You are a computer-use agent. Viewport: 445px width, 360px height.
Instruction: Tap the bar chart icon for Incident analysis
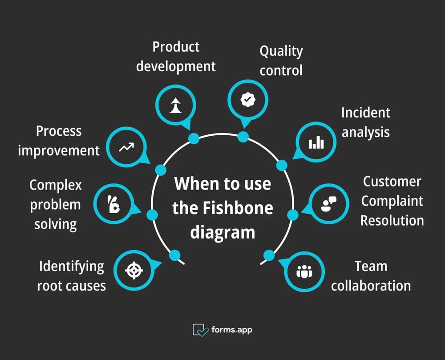pyautogui.click(x=316, y=143)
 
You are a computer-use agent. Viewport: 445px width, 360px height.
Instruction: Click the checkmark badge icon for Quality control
pyautogui.click(x=247, y=100)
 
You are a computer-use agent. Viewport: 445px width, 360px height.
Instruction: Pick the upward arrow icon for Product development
pyautogui.click(x=175, y=105)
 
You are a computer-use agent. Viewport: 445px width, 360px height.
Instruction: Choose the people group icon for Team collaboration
pyautogui.click(x=304, y=271)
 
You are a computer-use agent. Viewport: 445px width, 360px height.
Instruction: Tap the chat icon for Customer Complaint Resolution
pyautogui.click(x=329, y=203)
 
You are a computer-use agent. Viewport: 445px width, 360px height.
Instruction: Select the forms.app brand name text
pyautogui.click(x=232, y=330)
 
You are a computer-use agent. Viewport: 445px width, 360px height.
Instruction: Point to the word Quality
pyautogui.click(x=281, y=51)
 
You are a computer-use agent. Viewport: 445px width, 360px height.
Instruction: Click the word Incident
pyautogui.click(x=365, y=113)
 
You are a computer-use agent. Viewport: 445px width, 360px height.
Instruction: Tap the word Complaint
pyautogui.click(x=392, y=201)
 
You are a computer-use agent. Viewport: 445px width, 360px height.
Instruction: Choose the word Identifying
pyautogui.click(x=71, y=267)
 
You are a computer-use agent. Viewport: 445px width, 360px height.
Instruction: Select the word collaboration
pyautogui.click(x=371, y=286)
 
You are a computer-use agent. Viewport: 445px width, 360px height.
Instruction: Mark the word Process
pyautogui.click(x=59, y=131)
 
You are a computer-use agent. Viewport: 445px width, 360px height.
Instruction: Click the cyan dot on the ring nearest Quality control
pyautogui.click(x=243, y=137)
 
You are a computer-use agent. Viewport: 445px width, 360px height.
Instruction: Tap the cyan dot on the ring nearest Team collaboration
pyautogui.click(x=269, y=255)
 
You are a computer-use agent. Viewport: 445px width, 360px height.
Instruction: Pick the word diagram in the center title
pyautogui.click(x=222, y=232)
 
